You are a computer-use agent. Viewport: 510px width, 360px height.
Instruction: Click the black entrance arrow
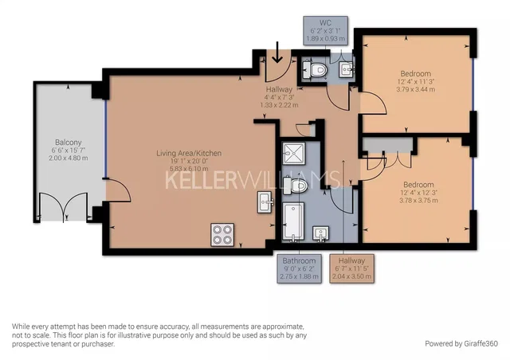pos(277,52)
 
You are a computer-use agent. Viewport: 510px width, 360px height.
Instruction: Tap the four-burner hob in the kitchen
pos(222,235)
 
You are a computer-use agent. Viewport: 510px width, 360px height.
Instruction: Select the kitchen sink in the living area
pos(265,202)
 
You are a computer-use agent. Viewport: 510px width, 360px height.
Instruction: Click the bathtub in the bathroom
pos(293,221)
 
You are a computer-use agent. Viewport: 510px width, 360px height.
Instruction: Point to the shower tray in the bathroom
pos(294,153)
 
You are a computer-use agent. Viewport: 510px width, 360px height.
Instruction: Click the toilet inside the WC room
pos(314,69)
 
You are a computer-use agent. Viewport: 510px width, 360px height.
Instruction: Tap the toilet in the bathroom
pos(295,186)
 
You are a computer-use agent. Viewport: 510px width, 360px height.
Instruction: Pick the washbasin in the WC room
pos(347,69)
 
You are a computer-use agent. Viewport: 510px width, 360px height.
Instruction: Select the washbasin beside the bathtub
pos(320,234)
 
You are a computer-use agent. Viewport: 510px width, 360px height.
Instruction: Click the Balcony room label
pos(69,143)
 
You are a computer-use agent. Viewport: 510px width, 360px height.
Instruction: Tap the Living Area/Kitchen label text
pos(189,153)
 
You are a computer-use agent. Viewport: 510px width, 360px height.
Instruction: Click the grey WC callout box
pos(326,30)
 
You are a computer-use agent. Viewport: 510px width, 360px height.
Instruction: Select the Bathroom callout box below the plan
pos(300,268)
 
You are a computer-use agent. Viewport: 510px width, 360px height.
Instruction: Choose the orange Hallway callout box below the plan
pos(351,268)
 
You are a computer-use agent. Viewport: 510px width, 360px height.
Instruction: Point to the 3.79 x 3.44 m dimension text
pos(416,89)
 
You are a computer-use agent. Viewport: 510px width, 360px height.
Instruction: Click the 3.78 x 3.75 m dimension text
pos(418,201)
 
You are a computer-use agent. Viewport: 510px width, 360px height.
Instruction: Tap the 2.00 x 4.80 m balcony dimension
pos(69,158)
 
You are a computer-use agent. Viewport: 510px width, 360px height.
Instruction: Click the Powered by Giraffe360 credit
pos(461,343)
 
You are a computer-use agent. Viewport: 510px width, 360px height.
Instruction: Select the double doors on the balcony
pos(64,206)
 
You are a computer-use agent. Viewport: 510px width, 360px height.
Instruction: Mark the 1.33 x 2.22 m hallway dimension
pos(279,105)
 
